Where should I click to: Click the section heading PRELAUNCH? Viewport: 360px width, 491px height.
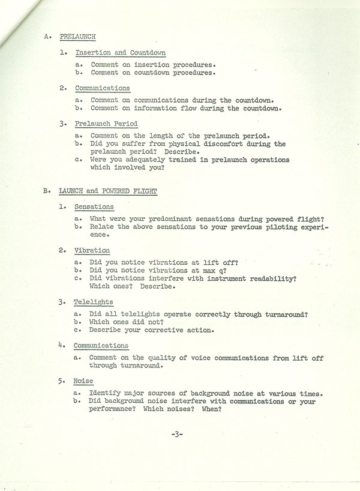pyautogui.click(x=77, y=36)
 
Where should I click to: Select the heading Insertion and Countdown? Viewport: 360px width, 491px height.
pyautogui.click(x=120, y=53)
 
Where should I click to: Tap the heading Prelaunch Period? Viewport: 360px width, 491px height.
pyautogui.click(x=106, y=124)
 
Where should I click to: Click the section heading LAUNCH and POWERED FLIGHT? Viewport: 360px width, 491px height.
pyautogui.click(x=108, y=191)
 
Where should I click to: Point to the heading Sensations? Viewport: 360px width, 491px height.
pyautogui.click(x=94, y=206)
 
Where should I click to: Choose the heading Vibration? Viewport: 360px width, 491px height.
pyautogui.click(x=92, y=250)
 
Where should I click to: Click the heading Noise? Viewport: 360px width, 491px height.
pyautogui.click(x=82, y=381)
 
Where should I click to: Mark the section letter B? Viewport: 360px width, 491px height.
pyautogui.click(x=46, y=191)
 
